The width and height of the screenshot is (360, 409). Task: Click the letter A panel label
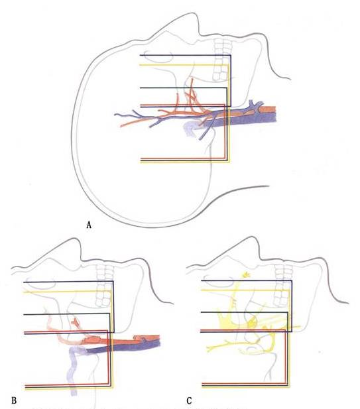[x=89, y=225]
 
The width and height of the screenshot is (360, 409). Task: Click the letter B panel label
[x=14, y=400]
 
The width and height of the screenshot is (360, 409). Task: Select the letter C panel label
[x=189, y=400]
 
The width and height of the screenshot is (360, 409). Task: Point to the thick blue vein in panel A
[x=240, y=121]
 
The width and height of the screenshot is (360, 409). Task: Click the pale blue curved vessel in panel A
[x=190, y=129]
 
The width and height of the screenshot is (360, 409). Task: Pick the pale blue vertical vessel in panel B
[x=72, y=371]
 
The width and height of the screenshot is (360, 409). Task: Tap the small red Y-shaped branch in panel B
[x=76, y=322]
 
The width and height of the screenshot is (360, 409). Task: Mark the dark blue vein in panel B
[x=123, y=348]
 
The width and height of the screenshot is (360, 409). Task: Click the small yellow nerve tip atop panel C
[x=247, y=274]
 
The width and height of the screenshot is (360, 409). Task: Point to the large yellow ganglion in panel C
[x=227, y=321]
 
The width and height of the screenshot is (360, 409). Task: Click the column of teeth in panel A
[x=222, y=60]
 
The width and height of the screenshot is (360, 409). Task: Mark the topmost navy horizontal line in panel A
[x=185, y=55]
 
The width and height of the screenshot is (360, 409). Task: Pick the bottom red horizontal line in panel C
[x=245, y=383]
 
